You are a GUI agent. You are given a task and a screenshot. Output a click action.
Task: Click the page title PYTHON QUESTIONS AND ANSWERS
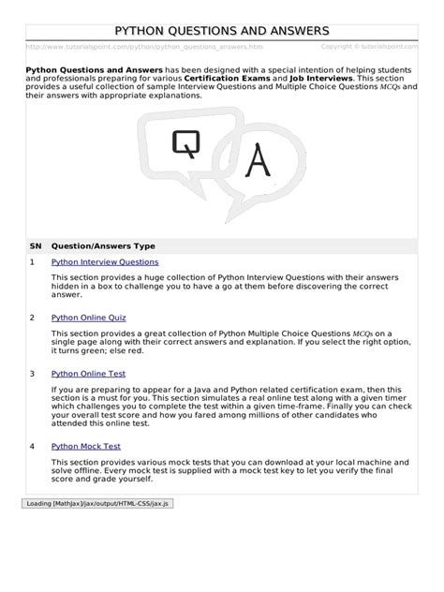(x=222, y=31)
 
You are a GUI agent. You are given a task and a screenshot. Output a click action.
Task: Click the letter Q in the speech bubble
(x=181, y=141)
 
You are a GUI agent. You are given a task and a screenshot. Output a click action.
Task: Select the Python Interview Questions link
(x=105, y=262)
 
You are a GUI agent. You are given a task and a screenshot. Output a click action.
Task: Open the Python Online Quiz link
(x=89, y=318)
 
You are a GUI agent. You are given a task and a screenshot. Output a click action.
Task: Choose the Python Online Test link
(x=88, y=373)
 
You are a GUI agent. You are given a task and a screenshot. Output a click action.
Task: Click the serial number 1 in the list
(x=32, y=262)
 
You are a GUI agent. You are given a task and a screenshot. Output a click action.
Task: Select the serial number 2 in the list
(x=32, y=318)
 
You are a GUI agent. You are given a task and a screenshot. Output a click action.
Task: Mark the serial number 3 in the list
(x=32, y=373)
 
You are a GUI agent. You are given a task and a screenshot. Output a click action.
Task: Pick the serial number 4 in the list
(x=32, y=446)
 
